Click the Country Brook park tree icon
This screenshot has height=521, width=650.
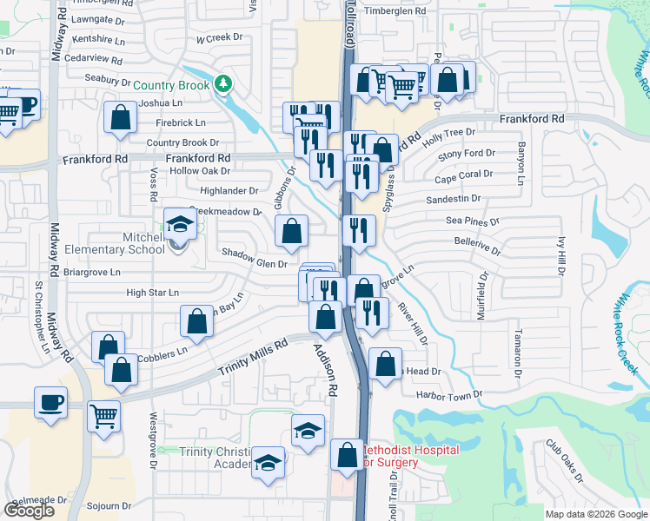pos(225,84)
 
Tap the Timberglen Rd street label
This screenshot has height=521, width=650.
pos(396,11)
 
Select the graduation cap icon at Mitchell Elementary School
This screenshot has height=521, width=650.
pos(180,225)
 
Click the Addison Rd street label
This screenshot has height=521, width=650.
pos(325,370)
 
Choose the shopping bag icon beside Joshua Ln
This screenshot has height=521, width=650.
pos(120,117)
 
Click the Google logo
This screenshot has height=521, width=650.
pos(29,511)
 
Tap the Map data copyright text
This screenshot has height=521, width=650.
pos(595,514)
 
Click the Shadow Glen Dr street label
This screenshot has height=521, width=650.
pos(254,252)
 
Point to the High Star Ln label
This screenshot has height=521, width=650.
pos(152,293)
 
